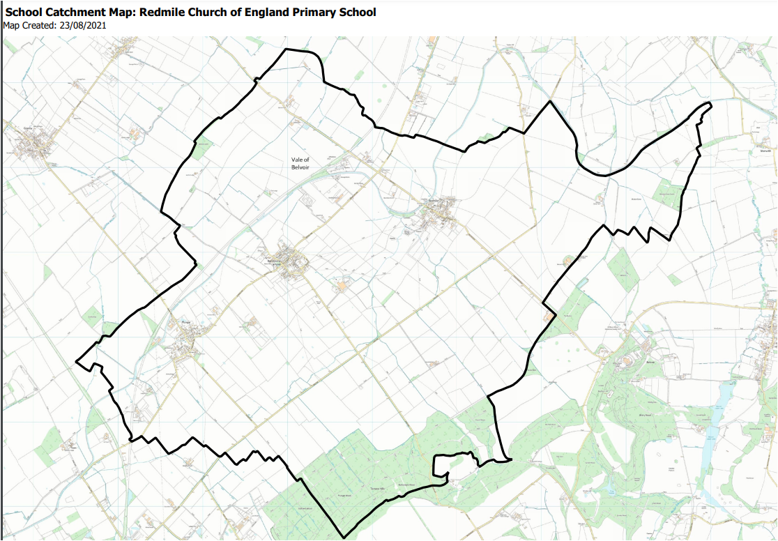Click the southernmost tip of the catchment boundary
point(344,538)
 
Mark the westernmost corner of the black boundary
point(76,361)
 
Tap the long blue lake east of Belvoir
point(722,404)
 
